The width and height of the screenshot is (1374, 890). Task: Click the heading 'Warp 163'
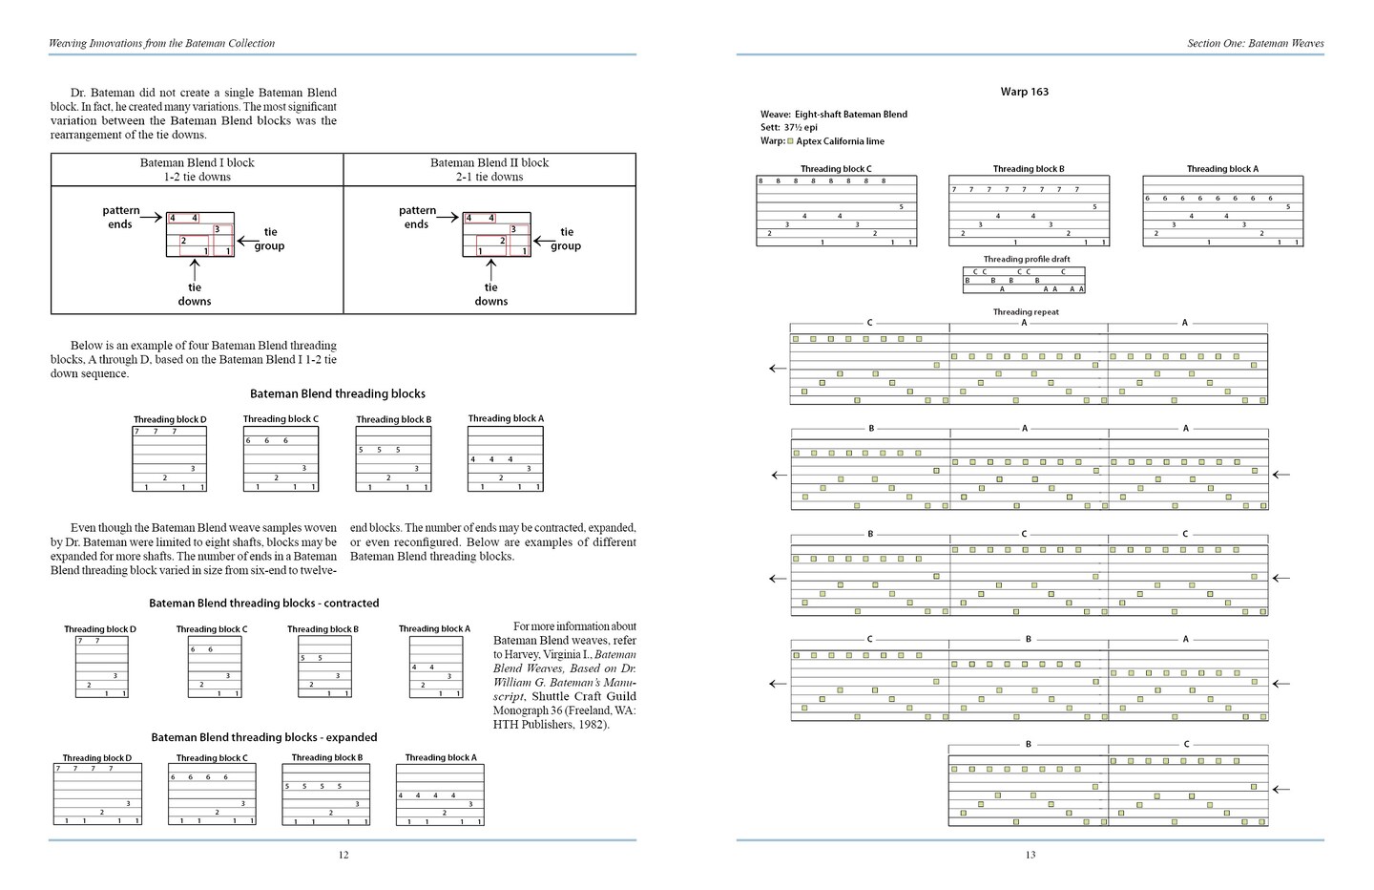click(x=1024, y=92)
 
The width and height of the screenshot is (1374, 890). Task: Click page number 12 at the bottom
click(x=343, y=855)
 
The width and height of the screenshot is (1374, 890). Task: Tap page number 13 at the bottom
click(x=1030, y=855)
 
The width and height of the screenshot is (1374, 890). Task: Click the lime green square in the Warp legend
click(x=790, y=141)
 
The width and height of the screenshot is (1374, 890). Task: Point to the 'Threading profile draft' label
click(x=1027, y=259)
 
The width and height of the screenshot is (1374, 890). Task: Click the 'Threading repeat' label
click(x=1026, y=312)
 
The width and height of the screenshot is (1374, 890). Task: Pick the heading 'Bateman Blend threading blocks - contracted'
click(x=264, y=604)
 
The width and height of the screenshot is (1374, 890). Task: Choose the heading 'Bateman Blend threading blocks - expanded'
click(x=264, y=737)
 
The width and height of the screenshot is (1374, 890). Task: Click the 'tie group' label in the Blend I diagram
click(x=270, y=239)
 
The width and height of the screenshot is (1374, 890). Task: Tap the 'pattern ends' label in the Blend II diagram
click(x=417, y=217)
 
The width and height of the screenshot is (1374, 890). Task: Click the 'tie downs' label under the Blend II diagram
click(x=490, y=294)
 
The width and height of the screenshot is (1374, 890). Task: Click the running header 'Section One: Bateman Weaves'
click(x=1255, y=43)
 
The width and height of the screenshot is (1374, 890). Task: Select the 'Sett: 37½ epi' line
click(x=789, y=127)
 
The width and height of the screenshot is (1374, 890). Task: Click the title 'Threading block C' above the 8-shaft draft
click(x=836, y=169)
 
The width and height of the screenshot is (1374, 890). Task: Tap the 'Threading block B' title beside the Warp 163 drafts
click(x=1029, y=169)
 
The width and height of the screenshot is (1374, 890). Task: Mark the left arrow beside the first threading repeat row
click(x=779, y=369)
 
